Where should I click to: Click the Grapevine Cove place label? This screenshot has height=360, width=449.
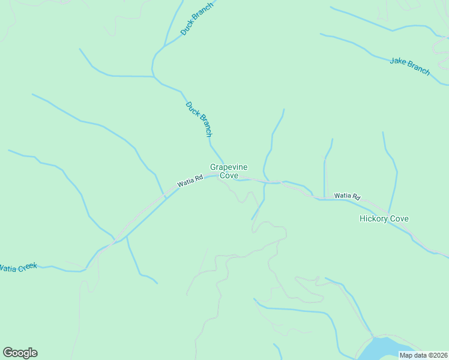[229, 171]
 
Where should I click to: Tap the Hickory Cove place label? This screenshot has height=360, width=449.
[384, 218]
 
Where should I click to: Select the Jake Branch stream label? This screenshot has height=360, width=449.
[410, 66]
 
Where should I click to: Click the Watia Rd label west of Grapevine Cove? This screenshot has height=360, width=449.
[190, 181]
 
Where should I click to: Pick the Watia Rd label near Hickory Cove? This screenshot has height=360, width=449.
[347, 196]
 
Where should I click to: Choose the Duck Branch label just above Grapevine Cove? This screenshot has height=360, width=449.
[199, 119]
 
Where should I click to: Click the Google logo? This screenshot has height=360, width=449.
[20, 353]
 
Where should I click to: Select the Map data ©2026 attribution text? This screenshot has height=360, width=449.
[423, 355]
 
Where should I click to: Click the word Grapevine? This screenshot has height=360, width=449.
[229, 167]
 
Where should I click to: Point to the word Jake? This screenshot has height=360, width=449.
[397, 62]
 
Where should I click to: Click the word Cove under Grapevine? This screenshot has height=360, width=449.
[229, 176]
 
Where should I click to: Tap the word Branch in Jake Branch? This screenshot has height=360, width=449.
[418, 68]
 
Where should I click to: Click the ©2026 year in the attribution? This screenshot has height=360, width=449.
[435, 355]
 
